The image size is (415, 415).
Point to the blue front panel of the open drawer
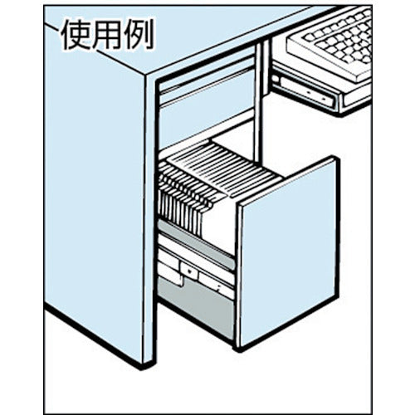click(x=289, y=251)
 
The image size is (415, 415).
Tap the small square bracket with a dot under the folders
click(x=189, y=270)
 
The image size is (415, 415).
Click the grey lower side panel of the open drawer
click(x=197, y=307)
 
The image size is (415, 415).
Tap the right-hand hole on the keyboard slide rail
click(x=323, y=98)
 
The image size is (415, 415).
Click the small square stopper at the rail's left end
click(x=275, y=78)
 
